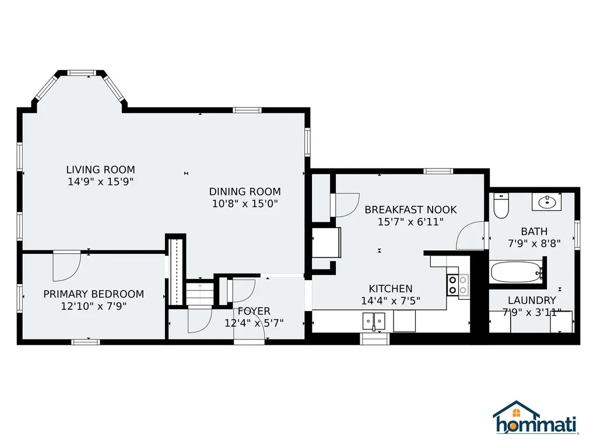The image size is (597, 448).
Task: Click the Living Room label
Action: pyautogui.click(x=100, y=170)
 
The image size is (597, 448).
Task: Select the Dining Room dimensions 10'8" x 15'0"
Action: pyautogui.click(x=245, y=204)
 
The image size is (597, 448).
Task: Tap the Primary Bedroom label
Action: pyautogui.click(x=94, y=294)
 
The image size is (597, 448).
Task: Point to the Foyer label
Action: pyautogui.click(x=254, y=311)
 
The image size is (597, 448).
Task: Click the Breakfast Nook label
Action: pyautogui.click(x=411, y=209)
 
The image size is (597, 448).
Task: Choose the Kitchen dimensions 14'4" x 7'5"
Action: pyautogui.click(x=391, y=300)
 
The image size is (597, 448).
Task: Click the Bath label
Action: pyautogui.click(x=534, y=231)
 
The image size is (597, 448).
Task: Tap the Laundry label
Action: pyautogui.click(x=532, y=300)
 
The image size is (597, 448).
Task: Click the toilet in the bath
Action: pyautogui.click(x=501, y=206)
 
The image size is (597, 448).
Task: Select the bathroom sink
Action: pyautogui.click(x=547, y=202)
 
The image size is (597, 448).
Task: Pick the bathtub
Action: pyautogui.click(x=517, y=272)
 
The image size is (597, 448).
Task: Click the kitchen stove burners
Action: pyautogui.click(x=458, y=285)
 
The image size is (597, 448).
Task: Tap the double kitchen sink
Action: pyautogui.click(x=374, y=321)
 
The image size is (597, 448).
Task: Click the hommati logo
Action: pyautogui.click(x=536, y=418)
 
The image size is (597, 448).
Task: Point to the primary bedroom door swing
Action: pyautogui.click(x=67, y=266)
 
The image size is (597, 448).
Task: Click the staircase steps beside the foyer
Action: pyautogui.click(x=199, y=293)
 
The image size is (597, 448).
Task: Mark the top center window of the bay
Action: pyautogui.click(x=82, y=72)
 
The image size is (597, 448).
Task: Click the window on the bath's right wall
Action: pyautogui.click(x=577, y=236)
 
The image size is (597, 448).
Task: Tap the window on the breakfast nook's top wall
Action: pyautogui.click(x=438, y=171)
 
